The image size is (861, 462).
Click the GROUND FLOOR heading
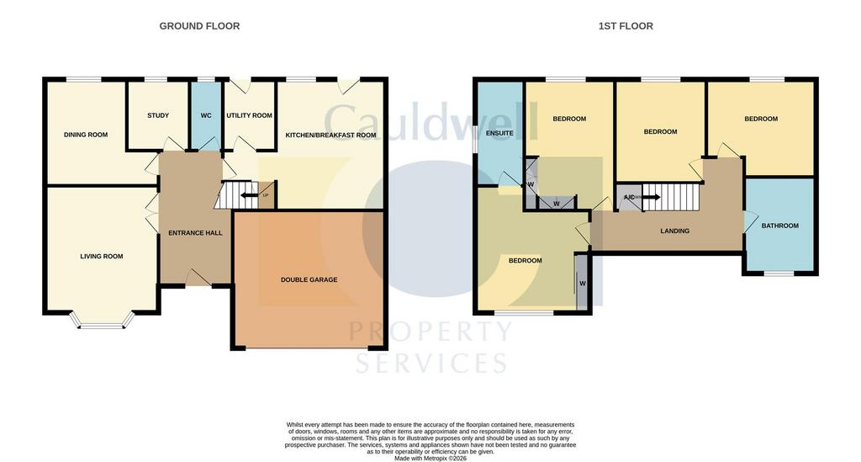pos(199,26)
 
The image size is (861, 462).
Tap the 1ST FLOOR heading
pos(626,26)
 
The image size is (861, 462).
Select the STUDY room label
pos(158,115)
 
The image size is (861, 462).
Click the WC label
pos(206,115)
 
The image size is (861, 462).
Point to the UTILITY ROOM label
pos(249,115)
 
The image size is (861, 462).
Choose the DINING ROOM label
pos(86,135)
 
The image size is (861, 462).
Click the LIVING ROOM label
pos(102,256)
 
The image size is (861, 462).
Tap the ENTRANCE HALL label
pos(195,233)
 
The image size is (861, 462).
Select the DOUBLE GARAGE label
pos(309,279)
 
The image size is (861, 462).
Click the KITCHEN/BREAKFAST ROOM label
pos(330,135)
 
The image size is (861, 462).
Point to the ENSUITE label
pos(499,133)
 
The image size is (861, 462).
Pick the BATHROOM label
pos(779,226)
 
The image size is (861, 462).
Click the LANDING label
pos(675,231)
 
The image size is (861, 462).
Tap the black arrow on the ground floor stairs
pos(250,195)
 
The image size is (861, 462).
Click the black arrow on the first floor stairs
pos(652,197)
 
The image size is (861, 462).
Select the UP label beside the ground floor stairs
pos(266,195)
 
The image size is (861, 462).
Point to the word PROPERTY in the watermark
pos(431,331)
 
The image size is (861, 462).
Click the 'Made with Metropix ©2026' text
pos(430,458)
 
